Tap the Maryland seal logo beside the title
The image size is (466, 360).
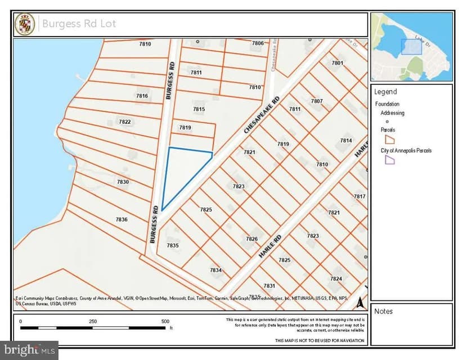coord(25,25)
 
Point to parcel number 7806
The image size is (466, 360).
coord(258,43)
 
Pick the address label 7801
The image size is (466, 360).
coord(337,63)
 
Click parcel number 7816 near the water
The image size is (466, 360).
coord(142,96)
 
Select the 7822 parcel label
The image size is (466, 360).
coord(124,122)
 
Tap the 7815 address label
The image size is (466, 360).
coord(199,109)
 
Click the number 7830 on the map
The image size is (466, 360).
coord(123,182)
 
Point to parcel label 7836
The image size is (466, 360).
coord(122,219)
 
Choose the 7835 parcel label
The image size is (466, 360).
coord(173,245)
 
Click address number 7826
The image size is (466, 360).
coord(252,239)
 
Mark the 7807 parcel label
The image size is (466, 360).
coord(316,101)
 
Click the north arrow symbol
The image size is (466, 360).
coord(359,303)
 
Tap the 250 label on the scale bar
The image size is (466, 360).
coord(93,321)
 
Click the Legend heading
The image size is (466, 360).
coord(386,92)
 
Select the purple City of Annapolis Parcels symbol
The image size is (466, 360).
coord(389,160)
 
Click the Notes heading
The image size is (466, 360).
coord(383,311)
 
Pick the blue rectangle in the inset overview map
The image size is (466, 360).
coord(411,47)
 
